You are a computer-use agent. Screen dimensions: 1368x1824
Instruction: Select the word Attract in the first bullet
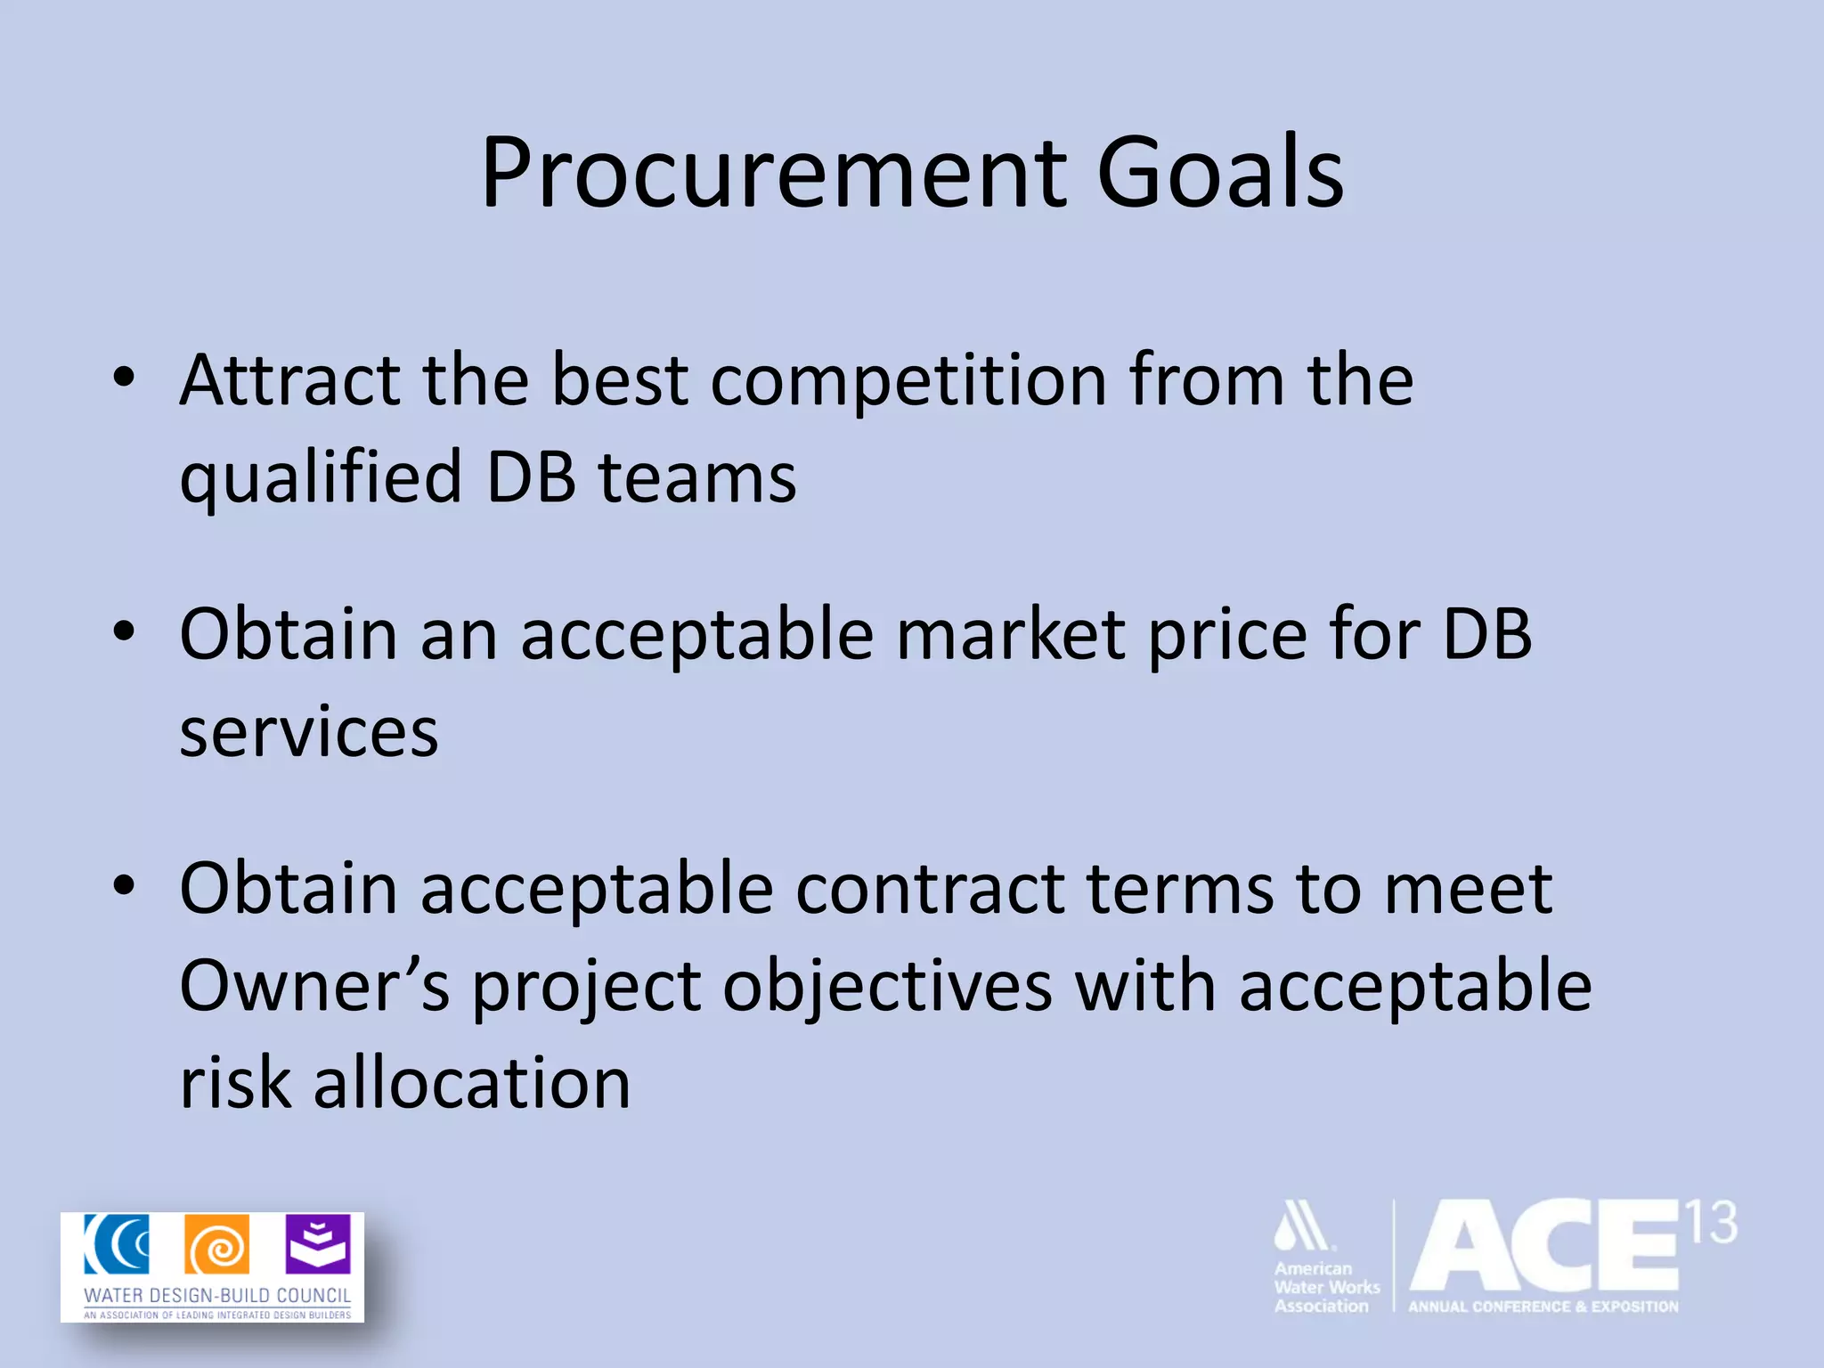click(289, 380)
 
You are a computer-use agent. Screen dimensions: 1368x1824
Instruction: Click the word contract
click(929, 890)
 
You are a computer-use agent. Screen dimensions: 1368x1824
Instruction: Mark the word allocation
click(472, 1083)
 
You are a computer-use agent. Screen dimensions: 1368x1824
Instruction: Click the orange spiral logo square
click(216, 1244)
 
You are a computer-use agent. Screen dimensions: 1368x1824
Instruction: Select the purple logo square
click(318, 1244)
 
